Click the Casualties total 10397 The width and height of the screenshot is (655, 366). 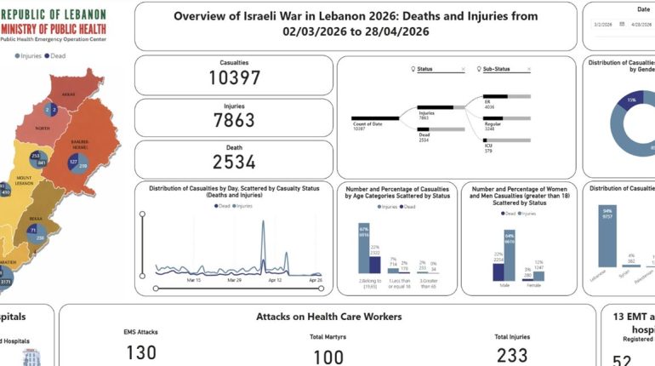click(x=234, y=79)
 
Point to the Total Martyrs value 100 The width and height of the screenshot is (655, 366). click(x=327, y=356)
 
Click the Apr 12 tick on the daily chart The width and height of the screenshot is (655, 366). click(x=273, y=279)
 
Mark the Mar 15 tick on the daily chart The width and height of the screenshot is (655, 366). click(x=193, y=279)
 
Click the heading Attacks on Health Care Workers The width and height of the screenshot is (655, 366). click(x=328, y=317)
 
